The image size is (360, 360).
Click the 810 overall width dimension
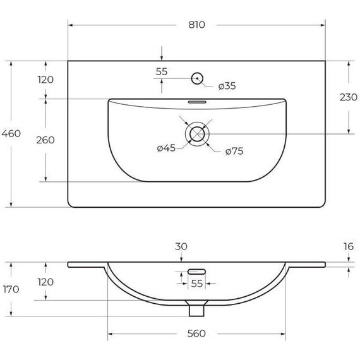coord(196,25)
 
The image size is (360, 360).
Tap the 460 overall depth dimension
coord(11,133)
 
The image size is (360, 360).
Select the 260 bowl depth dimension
coord(45,140)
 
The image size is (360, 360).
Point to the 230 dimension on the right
coord(349,97)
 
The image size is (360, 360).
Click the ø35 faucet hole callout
coord(227,86)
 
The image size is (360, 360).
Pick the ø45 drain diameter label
coord(166,148)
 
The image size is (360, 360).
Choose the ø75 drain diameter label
coord(234,152)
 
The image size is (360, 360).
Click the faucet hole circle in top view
coord(197,78)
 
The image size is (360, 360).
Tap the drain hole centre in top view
coord(197,134)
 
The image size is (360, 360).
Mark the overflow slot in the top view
coord(197,102)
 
